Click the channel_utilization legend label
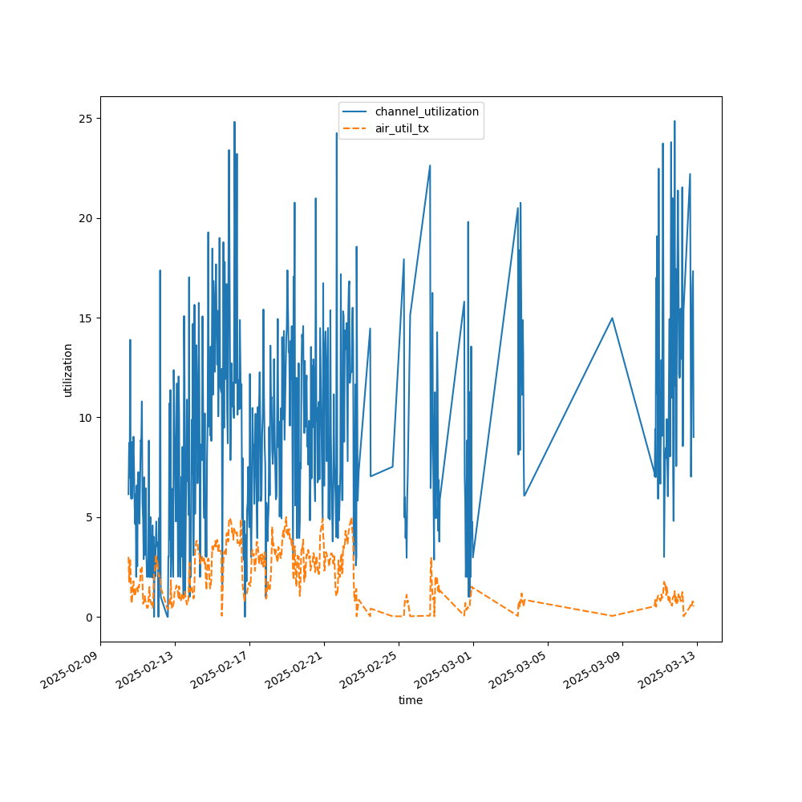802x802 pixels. tap(427, 111)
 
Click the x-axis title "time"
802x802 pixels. tap(411, 700)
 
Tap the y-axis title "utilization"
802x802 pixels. tap(68, 370)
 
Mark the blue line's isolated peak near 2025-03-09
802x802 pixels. tap(612, 318)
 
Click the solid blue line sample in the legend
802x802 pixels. tap(356, 111)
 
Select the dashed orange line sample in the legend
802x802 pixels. tap(356, 128)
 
